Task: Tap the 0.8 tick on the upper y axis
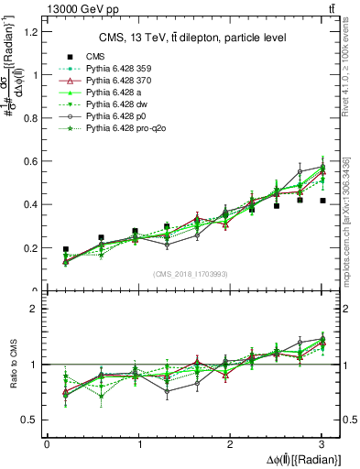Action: point(33,118)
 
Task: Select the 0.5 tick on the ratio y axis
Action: point(33,420)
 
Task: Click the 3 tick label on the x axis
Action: point(322,444)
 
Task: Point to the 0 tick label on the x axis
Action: point(47,444)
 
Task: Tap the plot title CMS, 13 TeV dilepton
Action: point(192,38)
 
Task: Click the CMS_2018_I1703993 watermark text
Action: point(191,274)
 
